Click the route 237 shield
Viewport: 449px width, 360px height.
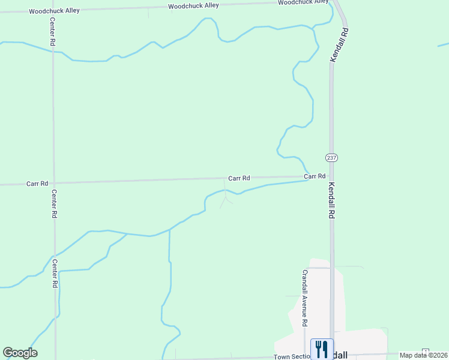[332, 157]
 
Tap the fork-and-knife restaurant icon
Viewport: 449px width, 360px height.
[322, 349]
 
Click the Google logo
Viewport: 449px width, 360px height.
[20, 353]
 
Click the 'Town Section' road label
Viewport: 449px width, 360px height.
[291, 357]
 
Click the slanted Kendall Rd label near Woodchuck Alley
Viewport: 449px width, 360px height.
[339, 43]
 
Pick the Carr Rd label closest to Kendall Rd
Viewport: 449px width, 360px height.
[315, 176]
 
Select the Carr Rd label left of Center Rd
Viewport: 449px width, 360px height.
[37, 184]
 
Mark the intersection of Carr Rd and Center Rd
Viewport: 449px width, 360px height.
[54, 183]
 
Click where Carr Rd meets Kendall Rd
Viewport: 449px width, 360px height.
[331, 176]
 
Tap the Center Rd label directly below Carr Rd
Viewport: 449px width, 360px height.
[54, 204]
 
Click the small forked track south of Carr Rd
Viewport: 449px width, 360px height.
[226, 199]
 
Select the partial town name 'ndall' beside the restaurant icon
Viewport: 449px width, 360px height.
[338, 355]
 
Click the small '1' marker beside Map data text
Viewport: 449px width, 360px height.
[426, 350]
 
